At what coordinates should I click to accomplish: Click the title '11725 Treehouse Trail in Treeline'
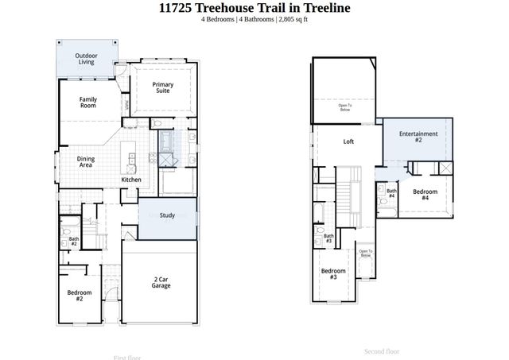point(254,8)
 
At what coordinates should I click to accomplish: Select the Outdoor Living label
point(87,58)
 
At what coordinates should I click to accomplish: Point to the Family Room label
point(87,102)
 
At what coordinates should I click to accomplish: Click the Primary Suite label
point(163,87)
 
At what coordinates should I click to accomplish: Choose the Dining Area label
point(86,161)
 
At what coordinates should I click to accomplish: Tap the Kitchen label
point(131,180)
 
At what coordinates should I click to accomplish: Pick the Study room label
point(167,215)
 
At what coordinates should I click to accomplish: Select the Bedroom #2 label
point(80,296)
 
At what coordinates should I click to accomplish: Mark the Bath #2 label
point(73,241)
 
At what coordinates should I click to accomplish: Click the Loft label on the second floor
point(348,142)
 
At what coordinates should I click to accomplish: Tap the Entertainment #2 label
point(418,136)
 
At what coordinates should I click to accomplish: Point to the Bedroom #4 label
point(425,195)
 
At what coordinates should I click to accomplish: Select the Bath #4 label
point(391,193)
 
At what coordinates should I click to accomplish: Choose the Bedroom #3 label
point(332,274)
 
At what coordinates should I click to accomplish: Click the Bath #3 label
point(328,238)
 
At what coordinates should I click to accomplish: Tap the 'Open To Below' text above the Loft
point(345,107)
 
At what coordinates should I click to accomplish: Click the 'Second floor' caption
point(382,350)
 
